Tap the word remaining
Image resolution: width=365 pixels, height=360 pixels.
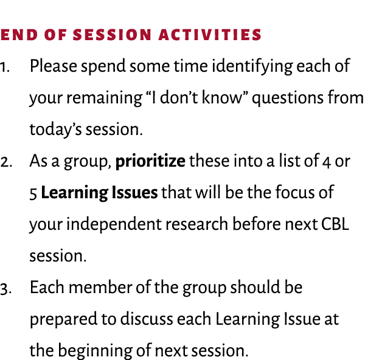pos(91,98)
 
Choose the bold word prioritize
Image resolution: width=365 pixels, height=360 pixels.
pos(150,162)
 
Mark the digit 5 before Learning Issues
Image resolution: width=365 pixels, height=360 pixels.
pos(33,193)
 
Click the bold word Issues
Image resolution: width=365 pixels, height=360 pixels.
pos(136,193)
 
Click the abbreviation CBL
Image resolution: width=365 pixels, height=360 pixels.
pos(335,224)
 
